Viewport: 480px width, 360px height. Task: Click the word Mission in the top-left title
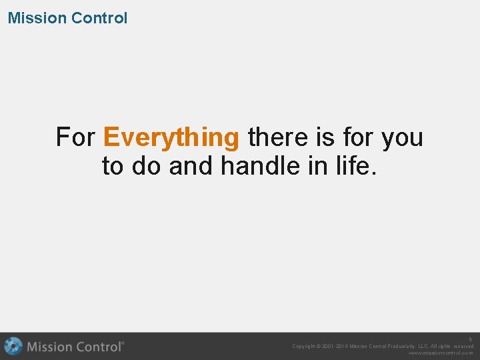(x=37, y=18)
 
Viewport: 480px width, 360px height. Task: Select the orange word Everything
(x=171, y=137)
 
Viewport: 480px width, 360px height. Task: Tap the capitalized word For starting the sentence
(x=76, y=137)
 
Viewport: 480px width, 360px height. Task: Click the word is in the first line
(x=325, y=137)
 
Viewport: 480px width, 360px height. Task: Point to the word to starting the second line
(x=113, y=167)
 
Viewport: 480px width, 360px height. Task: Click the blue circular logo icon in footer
(x=13, y=347)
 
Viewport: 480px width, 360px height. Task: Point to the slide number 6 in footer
(x=470, y=339)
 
